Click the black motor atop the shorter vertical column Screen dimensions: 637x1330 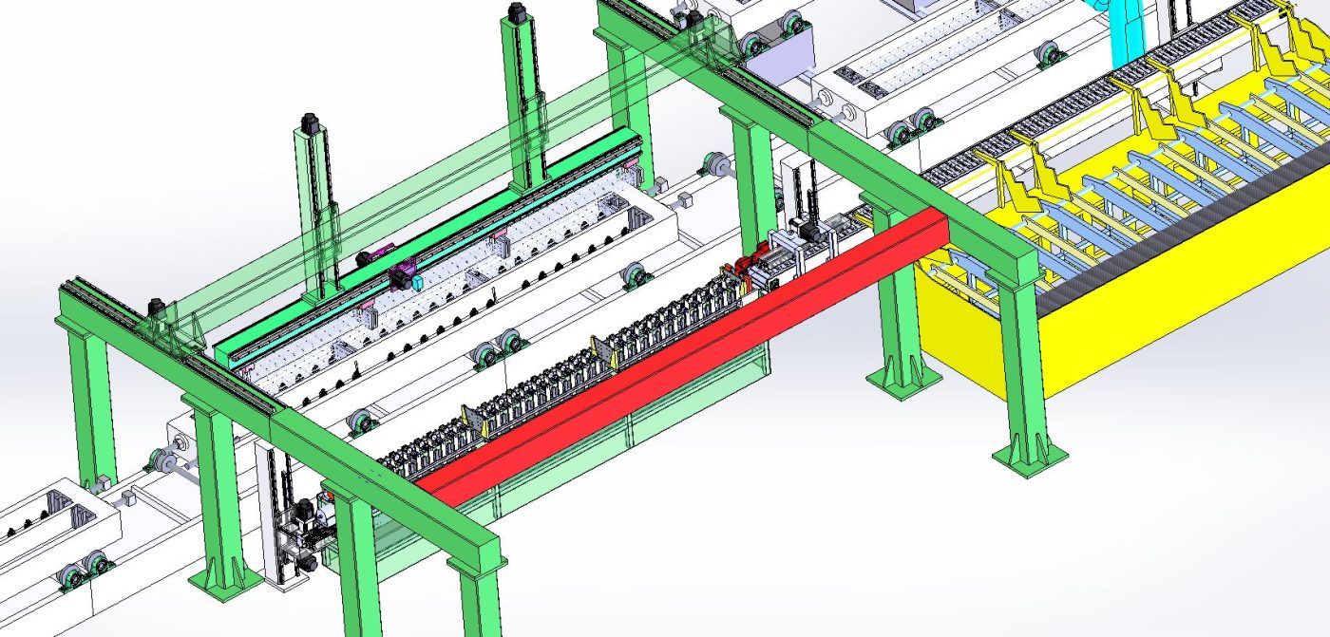click(x=308, y=125)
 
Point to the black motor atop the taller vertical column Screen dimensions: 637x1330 click(x=518, y=12)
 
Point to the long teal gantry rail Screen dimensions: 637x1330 click(x=427, y=247)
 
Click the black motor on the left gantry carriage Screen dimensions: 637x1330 click(x=158, y=308)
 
